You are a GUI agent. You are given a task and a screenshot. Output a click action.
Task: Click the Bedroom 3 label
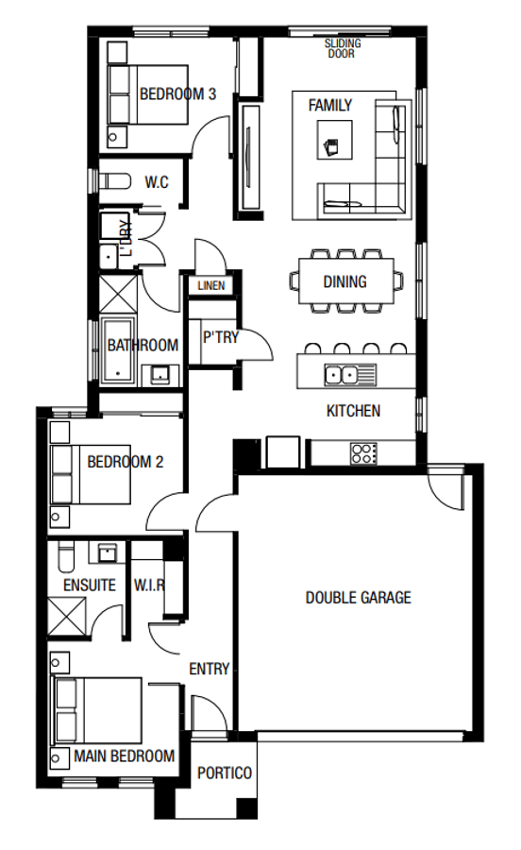point(178,93)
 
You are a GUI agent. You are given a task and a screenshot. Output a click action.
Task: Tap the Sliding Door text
point(344,49)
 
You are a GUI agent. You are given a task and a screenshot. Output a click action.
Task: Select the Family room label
point(329,105)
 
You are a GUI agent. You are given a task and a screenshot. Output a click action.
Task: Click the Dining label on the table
point(345,281)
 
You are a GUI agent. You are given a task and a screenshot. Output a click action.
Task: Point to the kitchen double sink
point(345,374)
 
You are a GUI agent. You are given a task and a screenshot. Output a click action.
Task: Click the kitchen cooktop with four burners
point(363,452)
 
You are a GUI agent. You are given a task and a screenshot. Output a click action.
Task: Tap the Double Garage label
point(359,597)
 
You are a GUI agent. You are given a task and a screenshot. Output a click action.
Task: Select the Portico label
point(225,773)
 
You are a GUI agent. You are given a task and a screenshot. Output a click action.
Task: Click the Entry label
point(210,669)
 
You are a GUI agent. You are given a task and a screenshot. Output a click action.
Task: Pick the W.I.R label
point(149,585)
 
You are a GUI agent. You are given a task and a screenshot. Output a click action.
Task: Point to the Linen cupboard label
point(210,285)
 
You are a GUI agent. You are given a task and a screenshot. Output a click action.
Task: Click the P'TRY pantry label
point(221,337)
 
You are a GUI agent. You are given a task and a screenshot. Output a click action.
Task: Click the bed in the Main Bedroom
point(94,711)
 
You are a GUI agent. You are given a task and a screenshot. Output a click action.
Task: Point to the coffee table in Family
point(333,145)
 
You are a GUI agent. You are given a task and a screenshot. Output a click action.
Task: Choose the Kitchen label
point(353,410)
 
